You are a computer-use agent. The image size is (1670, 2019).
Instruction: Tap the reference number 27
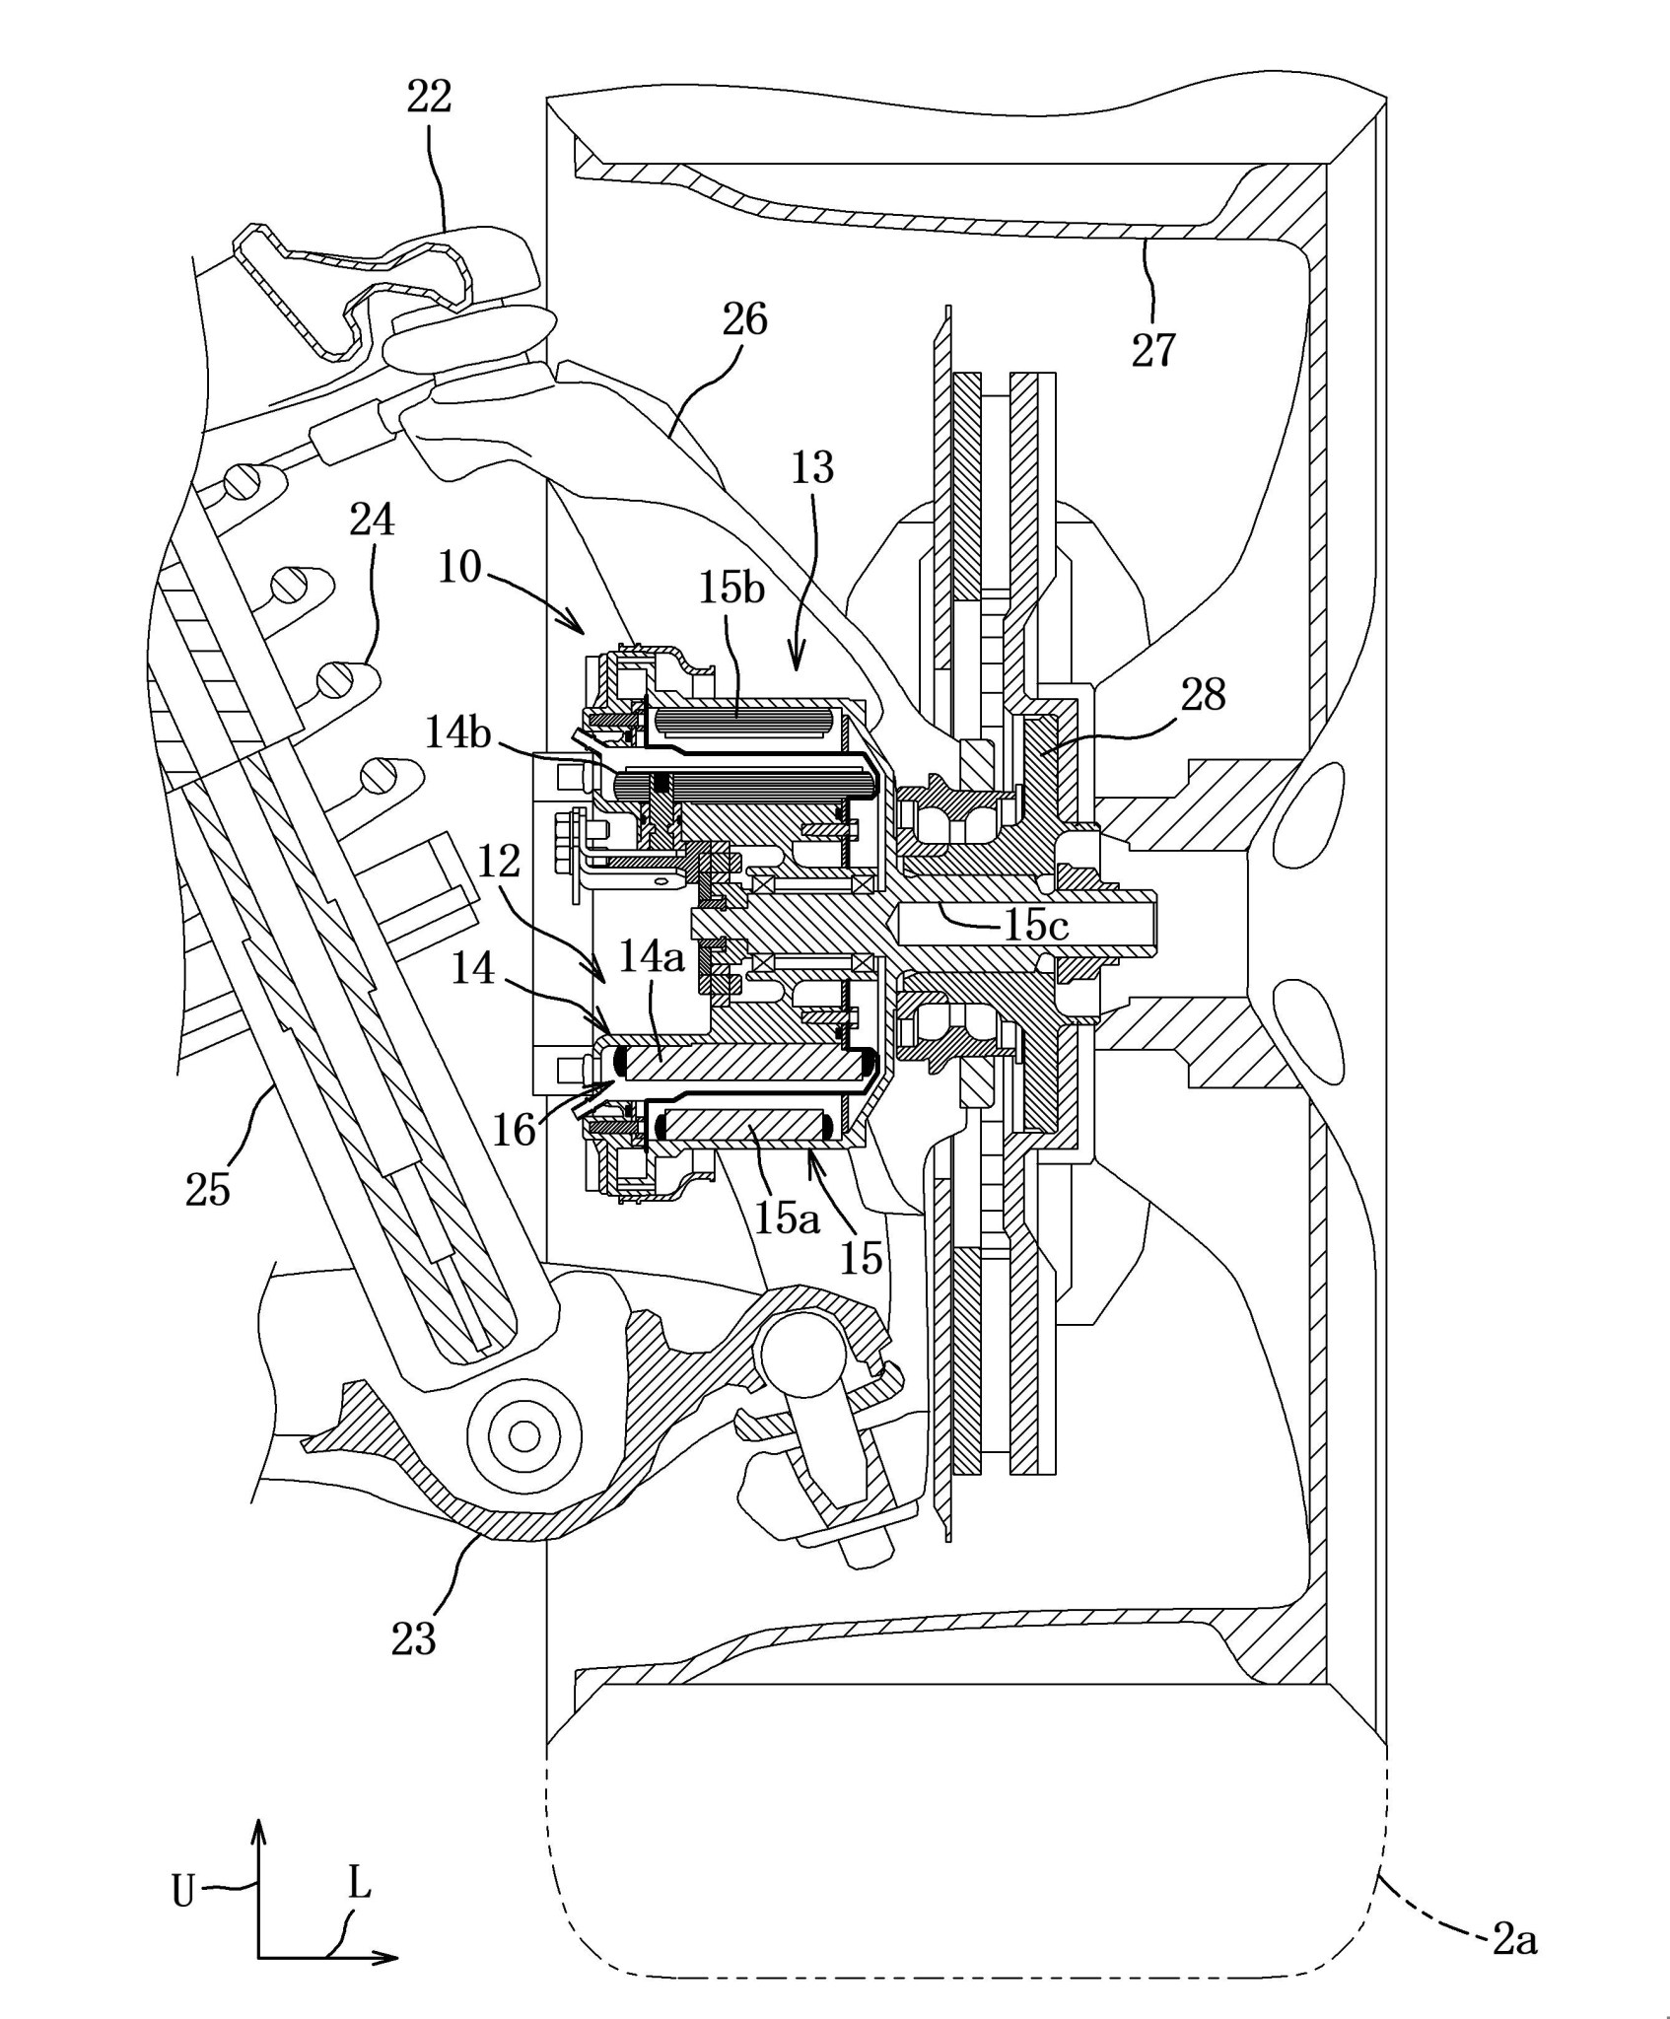(x=1153, y=350)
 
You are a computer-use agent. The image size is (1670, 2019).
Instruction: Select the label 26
(x=744, y=319)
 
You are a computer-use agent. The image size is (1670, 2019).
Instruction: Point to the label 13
(x=812, y=467)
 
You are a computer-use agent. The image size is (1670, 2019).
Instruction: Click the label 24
(x=373, y=520)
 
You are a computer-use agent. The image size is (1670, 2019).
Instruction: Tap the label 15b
(x=732, y=589)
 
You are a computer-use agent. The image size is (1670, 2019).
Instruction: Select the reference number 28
(x=1203, y=695)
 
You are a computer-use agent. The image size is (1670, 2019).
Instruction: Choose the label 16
(x=514, y=1130)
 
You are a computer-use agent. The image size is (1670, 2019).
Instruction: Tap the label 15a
(x=787, y=1218)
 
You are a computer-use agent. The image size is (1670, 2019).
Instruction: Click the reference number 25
(x=207, y=1190)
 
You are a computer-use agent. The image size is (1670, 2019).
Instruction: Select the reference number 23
(x=413, y=1638)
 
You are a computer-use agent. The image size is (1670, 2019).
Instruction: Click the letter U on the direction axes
(x=183, y=1891)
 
